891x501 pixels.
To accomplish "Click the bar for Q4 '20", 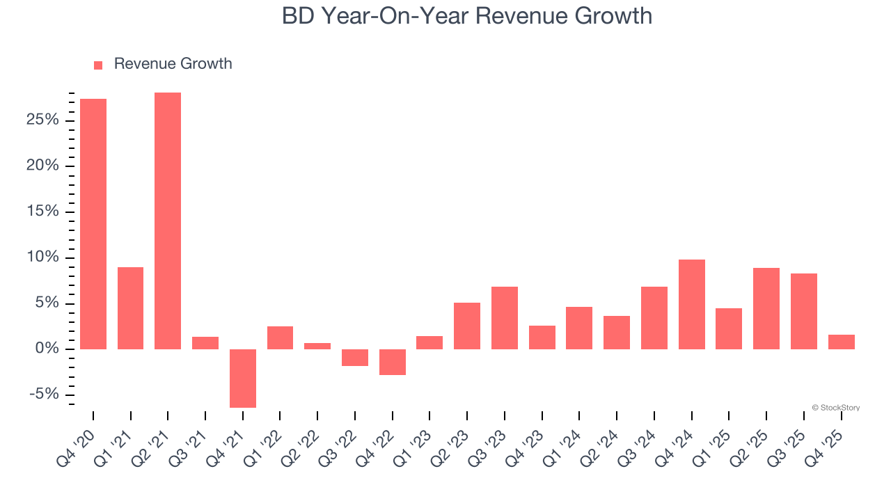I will point(93,223).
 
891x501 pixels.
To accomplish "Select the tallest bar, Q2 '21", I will point(168,221).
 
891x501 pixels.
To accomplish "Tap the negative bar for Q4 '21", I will point(243,378).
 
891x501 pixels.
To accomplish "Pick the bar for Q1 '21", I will point(130,308).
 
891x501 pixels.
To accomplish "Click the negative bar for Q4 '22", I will point(393,362).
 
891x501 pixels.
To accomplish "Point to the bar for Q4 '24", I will point(692,304).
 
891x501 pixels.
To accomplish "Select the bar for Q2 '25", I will point(766,308).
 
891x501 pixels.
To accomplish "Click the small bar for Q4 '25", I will point(841,342).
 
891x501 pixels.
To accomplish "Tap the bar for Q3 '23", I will point(505,317).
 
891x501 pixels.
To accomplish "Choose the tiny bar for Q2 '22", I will point(317,346).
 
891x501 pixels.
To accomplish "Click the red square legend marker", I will point(98,65).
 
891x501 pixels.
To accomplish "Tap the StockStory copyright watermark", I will point(835,408).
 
